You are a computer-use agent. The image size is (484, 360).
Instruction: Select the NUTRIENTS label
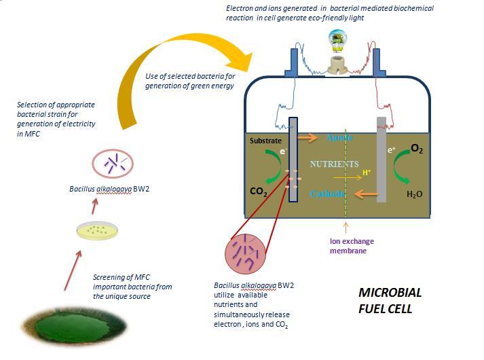[334, 164]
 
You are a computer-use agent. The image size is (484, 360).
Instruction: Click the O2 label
[416, 149]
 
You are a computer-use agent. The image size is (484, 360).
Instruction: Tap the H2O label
[415, 194]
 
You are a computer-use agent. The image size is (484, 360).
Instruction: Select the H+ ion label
[367, 173]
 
